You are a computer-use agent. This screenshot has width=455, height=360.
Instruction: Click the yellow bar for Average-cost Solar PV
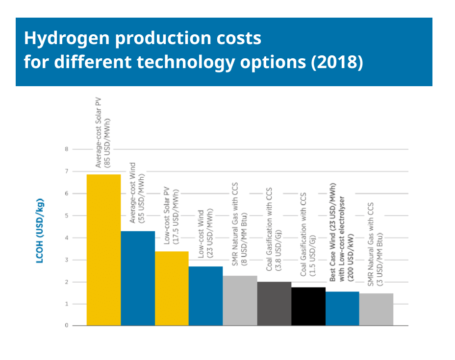click(x=103, y=250)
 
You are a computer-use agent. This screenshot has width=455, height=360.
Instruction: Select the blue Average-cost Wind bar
click(x=138, y=278)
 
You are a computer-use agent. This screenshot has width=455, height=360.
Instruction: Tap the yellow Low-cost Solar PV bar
click(x=172, y=288)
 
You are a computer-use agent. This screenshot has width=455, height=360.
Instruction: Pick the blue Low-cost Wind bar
click(x=205, y=296)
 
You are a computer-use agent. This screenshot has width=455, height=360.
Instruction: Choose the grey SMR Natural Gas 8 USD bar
click(x=240, y=301)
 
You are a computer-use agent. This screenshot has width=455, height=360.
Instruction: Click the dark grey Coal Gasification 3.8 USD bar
click(x=274, y=304)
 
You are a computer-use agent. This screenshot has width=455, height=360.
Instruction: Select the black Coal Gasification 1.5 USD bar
click(x=308, y=306)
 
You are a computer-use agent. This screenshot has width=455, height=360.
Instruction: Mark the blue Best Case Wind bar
click(x=342, y=309)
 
